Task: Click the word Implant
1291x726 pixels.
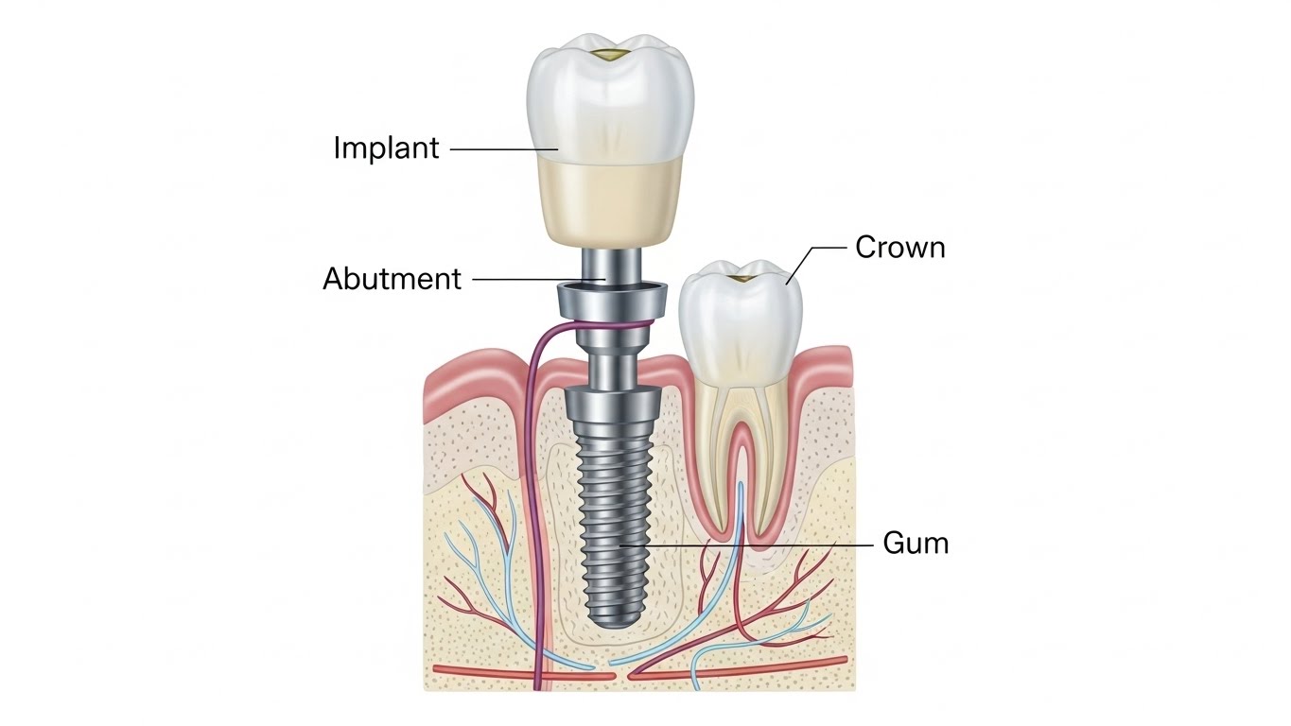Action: pos(386,148)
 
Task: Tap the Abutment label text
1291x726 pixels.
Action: pos(392,279)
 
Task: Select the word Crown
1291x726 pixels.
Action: pos(899,248)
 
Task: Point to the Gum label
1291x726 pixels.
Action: pos(915,544)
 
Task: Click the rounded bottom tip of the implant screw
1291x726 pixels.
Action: pos(615,619)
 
